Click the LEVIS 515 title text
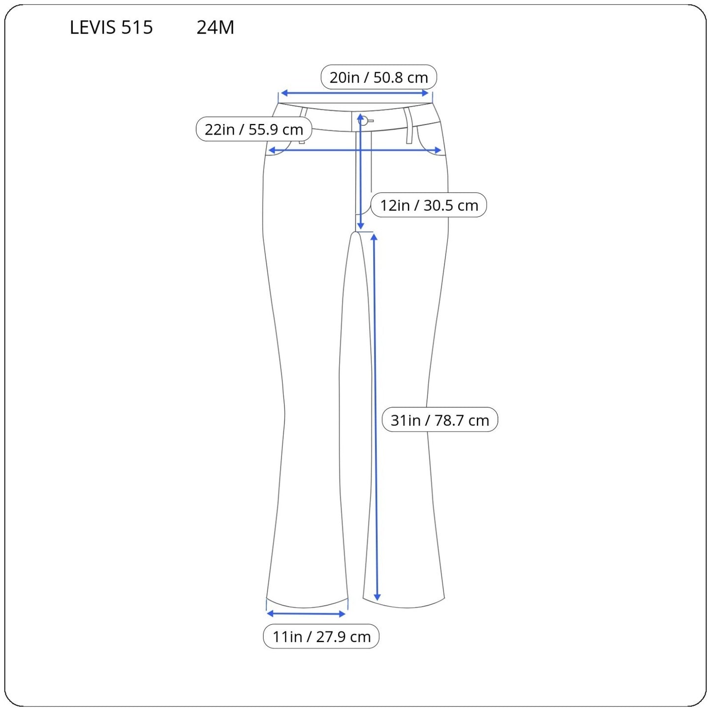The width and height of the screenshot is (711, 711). pos(111,27)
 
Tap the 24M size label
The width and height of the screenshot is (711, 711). pos(216,27)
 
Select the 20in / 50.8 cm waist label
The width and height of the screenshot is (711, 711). pos(378,77)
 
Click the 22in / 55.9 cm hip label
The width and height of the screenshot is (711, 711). pos(254,129)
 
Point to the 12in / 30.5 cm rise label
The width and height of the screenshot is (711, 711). pos(429,205)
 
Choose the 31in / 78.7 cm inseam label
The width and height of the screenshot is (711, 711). pos(440,420)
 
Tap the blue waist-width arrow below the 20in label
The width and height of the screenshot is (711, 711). pos(355,93)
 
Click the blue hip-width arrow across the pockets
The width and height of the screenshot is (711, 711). pos(355,150)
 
